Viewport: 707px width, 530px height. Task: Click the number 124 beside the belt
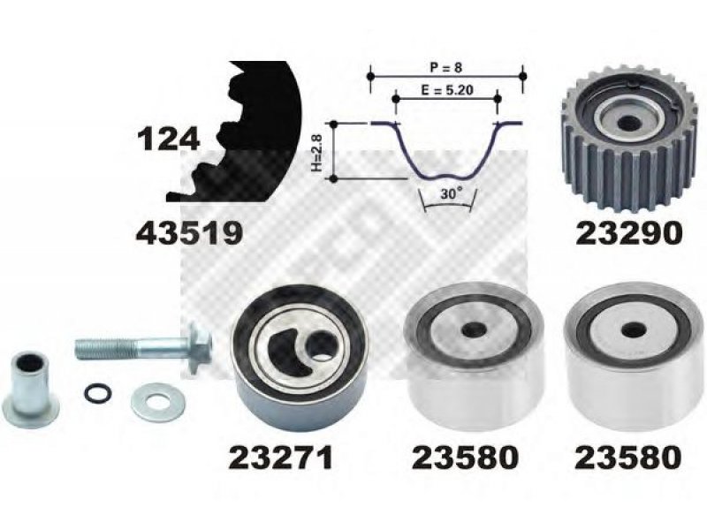(x=168, y=139)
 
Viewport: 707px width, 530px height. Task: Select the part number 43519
(x=189, y=233)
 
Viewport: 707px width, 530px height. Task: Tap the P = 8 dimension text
(x=445, y=68)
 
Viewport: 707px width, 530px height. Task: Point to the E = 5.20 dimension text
(x=447, y=90)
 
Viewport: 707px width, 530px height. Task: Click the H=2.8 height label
(x=317, y=155)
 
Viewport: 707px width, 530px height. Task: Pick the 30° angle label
(x=452, y=193)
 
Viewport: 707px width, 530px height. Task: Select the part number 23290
(x=628, y=233)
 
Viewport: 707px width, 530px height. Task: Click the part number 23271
(x=281, y=458)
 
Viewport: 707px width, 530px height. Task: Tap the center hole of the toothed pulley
(x=627, y=122)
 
